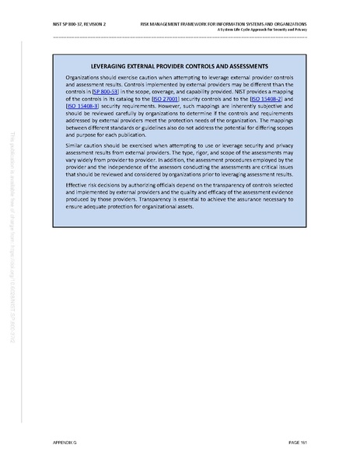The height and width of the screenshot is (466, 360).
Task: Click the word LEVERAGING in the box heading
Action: pyautogui.click(x=111, y=67)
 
